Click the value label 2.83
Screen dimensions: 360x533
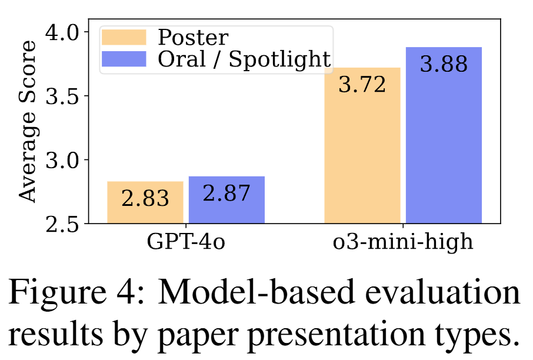(145, 198)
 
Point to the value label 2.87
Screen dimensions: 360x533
(226, 193)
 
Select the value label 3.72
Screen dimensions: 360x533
(362, 85)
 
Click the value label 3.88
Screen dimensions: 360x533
(444, 64)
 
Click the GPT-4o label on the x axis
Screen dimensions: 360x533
(185, 242)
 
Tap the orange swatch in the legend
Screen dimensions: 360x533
(124, 38)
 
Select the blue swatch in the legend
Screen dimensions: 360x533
(124, 59)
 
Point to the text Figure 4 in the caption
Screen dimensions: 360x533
(63, 293)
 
